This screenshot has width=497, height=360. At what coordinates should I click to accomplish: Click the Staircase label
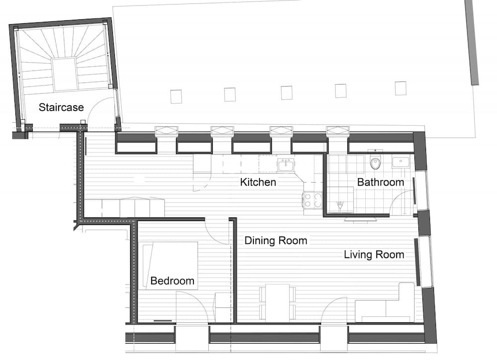61,107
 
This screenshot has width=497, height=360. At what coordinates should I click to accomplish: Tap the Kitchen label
258,182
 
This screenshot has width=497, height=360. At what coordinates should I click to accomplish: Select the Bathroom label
380,182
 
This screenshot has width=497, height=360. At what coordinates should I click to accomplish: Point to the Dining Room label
276,241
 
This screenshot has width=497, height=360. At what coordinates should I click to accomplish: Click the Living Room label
374,255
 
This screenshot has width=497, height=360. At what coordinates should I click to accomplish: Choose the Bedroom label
172,281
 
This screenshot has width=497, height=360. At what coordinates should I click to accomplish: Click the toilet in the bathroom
375,163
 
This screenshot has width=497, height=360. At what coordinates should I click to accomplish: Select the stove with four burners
313,200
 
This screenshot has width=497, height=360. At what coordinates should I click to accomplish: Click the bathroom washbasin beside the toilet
401,162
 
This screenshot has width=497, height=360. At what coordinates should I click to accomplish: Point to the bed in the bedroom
170,265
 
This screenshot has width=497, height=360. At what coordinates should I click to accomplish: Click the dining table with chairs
277,302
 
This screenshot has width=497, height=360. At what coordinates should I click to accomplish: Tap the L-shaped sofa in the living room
385,303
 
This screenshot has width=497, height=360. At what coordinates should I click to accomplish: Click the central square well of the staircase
65,74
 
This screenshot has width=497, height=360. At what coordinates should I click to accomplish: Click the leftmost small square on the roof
176,96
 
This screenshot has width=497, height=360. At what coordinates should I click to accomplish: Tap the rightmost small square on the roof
401,88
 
